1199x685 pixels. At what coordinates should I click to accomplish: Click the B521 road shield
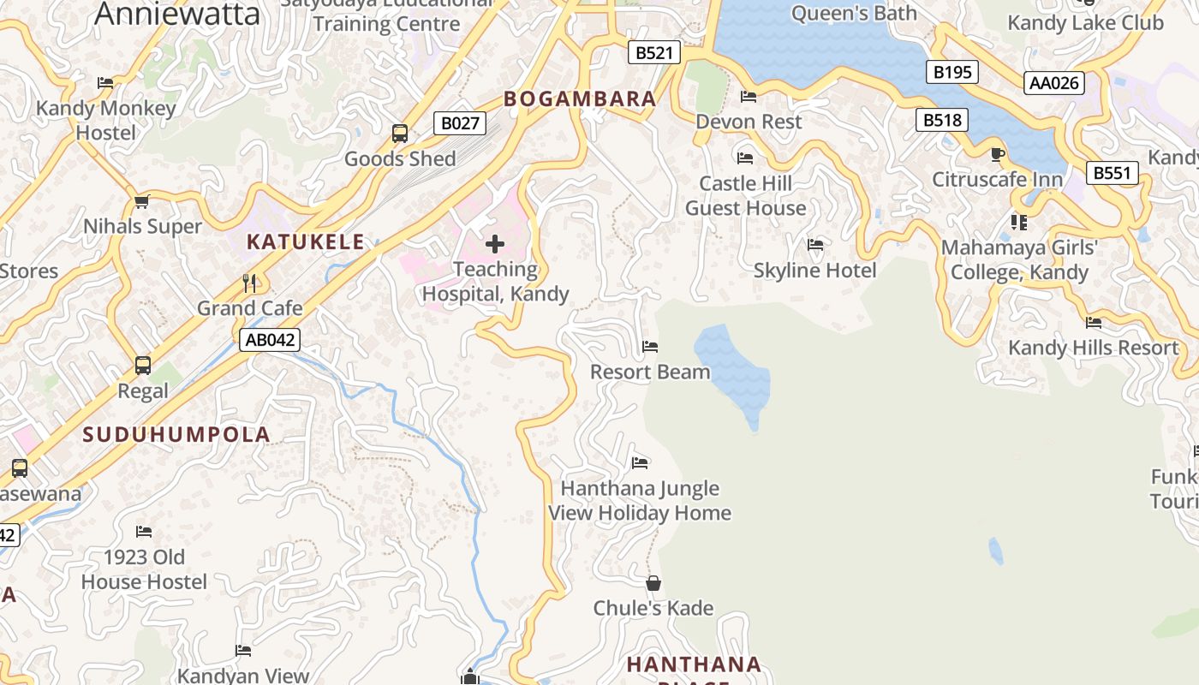click(653, 53)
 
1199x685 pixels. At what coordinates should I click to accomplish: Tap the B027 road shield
click(460, 123)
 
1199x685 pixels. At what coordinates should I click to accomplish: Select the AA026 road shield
click(1054, 83)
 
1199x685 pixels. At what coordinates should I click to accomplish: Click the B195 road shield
click(952, 72)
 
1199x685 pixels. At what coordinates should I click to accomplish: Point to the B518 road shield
click(942, 120)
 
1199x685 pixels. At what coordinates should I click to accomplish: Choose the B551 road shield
click(1113, 173)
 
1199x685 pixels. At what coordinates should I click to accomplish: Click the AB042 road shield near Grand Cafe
click(270, 340)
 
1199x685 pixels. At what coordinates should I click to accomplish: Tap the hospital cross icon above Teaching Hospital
click(495, 245)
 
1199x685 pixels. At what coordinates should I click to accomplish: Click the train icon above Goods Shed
click(400, 134)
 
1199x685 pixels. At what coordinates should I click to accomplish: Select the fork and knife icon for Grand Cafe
click(249, 283)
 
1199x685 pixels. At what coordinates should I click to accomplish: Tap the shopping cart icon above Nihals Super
click(142, 202)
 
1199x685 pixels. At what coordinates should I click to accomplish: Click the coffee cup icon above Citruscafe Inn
click(997, 155)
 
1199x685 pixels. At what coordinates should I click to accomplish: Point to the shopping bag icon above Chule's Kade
click(653, 583)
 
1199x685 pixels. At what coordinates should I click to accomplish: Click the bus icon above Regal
click(143, 366)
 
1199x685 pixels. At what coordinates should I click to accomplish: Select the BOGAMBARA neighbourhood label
click(580, 99)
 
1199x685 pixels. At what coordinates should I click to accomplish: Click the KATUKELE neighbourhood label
click(306, 242)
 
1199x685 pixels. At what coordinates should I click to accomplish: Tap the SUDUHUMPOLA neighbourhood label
click(176, 434)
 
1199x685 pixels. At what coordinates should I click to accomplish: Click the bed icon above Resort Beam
click(650, 347)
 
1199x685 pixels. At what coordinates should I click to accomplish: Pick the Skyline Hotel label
click(814, 271)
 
